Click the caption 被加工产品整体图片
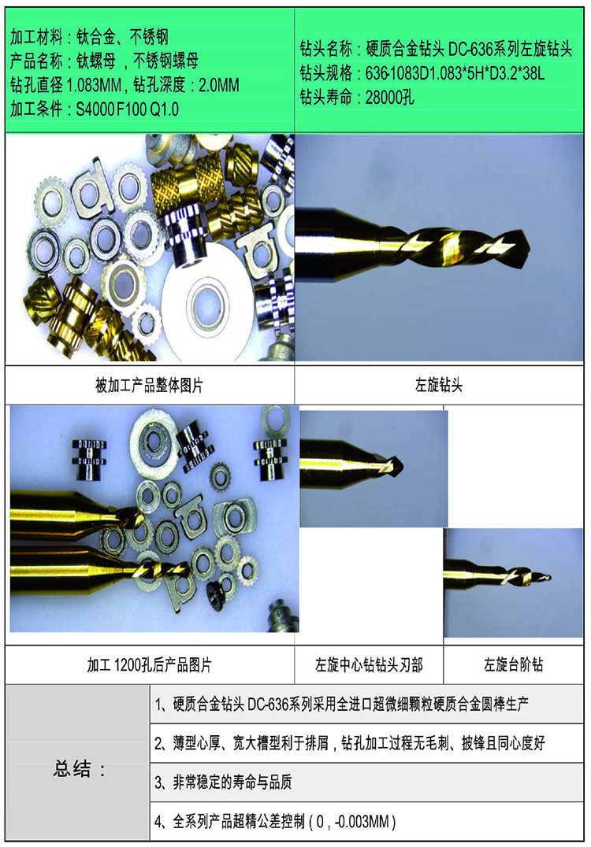(x=149, y=386)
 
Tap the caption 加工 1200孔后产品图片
(x=149, y=665)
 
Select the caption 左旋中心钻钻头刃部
(x=369, y=665)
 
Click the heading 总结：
(x=80, y=769)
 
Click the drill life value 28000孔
(x=386, y=98)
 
